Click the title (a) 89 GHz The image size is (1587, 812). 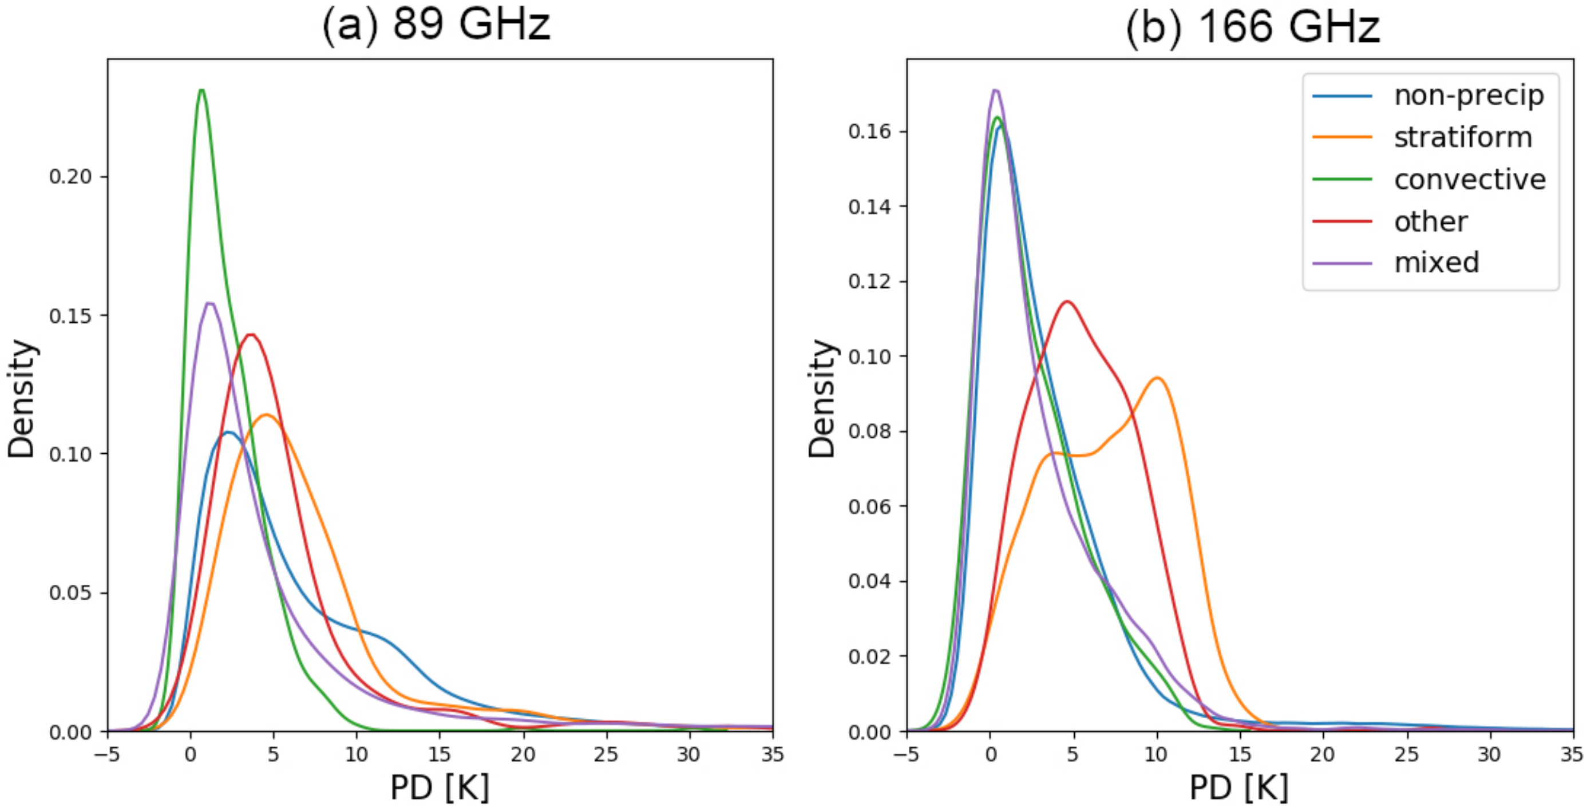tap(436, 26)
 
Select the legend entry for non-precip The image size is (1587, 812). tap(1469, 96)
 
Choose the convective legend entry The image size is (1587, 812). tap(1470, 179)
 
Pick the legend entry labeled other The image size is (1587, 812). tap(1431, 221)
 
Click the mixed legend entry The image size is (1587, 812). tap(1436, 263)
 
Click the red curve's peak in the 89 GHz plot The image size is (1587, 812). tap(250, 335)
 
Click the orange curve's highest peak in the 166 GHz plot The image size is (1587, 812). tap(1158, 378)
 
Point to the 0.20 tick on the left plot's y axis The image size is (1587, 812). tap(70, 177)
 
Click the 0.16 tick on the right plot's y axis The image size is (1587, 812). tap(869, 131)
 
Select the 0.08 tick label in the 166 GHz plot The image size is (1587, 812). tap(869, 431)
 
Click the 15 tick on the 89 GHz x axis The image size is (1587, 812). tap(440, 754)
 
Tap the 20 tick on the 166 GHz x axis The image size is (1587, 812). tap(1322, 754)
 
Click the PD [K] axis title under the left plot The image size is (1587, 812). tap(440, 787)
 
